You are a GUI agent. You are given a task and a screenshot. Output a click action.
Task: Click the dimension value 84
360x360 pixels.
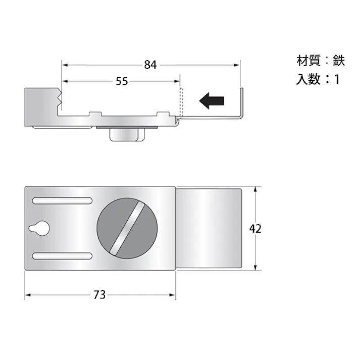pos(150,65)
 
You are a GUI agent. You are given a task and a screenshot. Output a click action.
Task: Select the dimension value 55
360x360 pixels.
pos(121,81)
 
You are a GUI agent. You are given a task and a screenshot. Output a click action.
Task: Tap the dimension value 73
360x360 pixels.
pos(99,295)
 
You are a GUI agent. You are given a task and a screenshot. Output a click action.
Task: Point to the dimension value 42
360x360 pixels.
pos(255,228)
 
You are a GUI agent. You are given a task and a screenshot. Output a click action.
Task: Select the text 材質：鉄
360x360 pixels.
pos(320,61)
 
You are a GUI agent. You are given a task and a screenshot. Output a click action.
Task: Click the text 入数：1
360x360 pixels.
pos(318,79)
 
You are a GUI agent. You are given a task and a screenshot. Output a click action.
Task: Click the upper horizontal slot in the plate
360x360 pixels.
pos(62,200)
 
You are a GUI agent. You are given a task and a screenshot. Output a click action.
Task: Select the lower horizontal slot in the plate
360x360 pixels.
pos(62,256)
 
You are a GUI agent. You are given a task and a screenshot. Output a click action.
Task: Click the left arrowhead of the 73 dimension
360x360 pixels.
pos(28,295)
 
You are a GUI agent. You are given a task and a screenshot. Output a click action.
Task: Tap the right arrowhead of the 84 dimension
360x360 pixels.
pos(236,65)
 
